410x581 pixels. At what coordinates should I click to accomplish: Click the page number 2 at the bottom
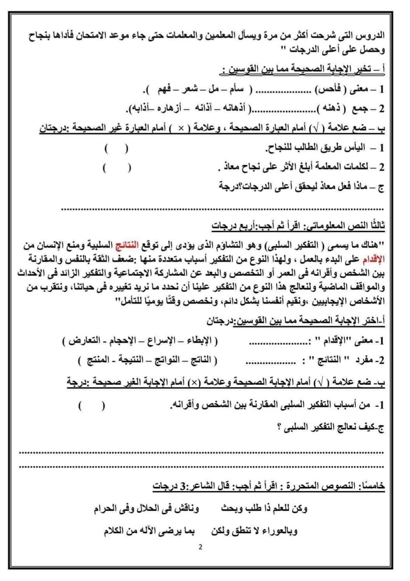click(x=200, y=547)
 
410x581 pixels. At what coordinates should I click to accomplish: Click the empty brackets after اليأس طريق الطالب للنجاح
click(x=116, y=149)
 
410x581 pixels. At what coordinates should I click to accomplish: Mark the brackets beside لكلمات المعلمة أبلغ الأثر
click(x=116, y=168)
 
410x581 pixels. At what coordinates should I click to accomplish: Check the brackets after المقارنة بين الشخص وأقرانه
click(x=92, y=406)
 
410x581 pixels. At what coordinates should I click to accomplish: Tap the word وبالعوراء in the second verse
click(x=280, y=531)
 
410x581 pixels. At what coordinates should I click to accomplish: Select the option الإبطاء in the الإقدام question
click(x=197, y=341)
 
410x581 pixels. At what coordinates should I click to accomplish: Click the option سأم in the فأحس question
click(x=236, y=90)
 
